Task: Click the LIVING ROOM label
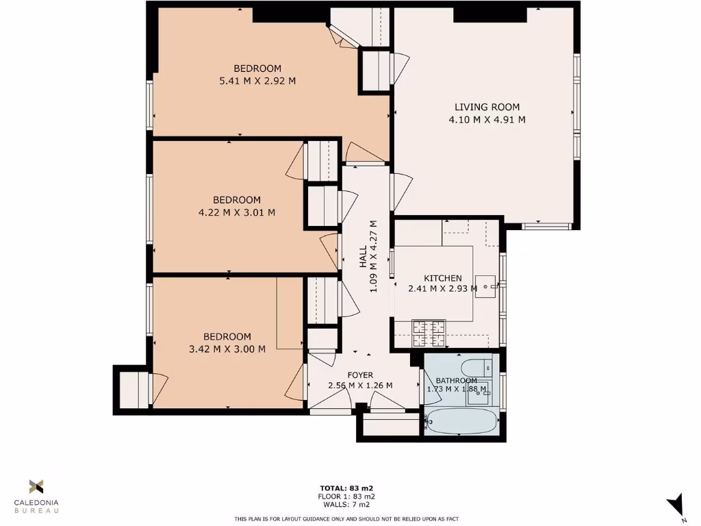tap(487, 107)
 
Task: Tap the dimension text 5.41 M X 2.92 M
tap(257, 81)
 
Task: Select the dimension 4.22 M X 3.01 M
tap(237, 212)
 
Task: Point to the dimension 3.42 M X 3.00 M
tap(227, 349)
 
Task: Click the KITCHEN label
tap(442, 278)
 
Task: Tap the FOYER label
tap(360, 375)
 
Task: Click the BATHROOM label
tap(457, 381)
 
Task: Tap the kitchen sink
tap(488, 283)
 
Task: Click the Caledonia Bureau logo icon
tap(36, 487)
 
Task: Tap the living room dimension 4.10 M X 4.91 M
tap(487, 120)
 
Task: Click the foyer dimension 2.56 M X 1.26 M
tap(360, 386)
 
